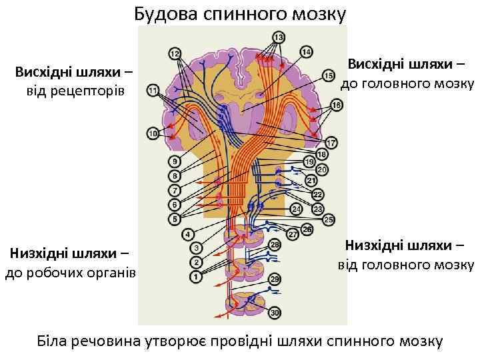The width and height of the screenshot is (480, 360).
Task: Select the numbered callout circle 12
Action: point(175,53)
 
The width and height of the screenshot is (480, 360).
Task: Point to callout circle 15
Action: point(329,76)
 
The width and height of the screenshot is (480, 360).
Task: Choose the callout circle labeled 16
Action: point(336,105)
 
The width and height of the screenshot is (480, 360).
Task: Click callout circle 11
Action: point(154,90)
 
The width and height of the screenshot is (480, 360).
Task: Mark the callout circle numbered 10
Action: point(154,134)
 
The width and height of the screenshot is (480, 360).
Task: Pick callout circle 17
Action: point(331,142)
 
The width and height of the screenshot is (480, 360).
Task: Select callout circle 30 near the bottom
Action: point(275,312)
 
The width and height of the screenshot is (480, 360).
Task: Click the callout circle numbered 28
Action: point(275,246)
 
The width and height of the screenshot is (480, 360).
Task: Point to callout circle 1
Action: point(196,275)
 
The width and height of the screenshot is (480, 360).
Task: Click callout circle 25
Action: point(329,219)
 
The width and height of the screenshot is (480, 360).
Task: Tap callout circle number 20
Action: point(322,171)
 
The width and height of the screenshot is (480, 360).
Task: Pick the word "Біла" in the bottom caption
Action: point(55,341)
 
